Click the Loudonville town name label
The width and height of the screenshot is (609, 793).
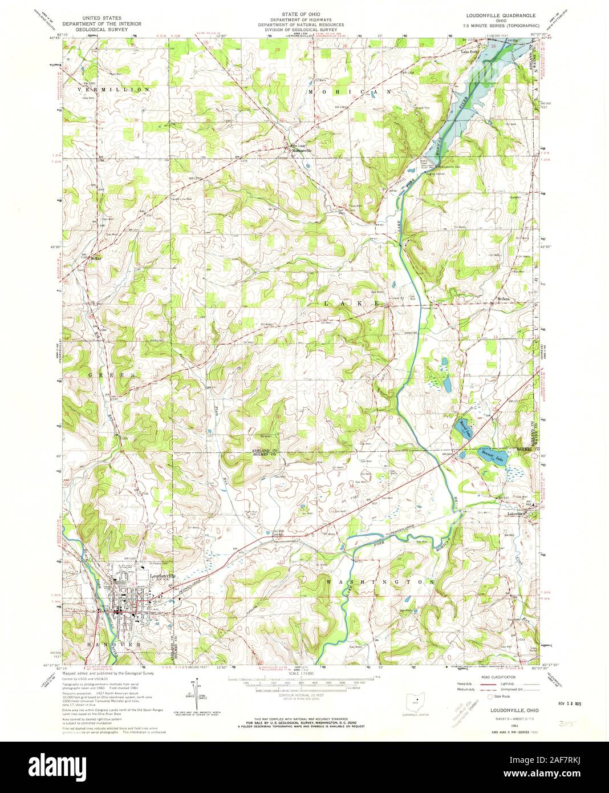click(162, 576)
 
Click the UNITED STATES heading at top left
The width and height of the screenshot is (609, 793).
click(102, 18)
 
